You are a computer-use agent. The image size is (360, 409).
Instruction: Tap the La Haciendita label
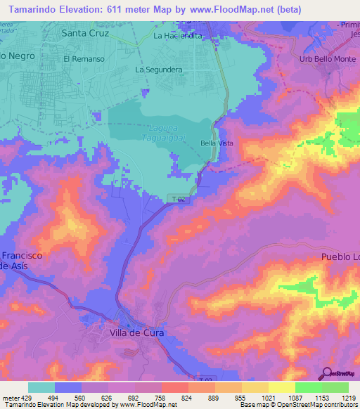(x=181, y=35)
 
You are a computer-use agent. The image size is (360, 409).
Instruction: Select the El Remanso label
(x=84, y=59)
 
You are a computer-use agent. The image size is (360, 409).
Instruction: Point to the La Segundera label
(x=159, y=70)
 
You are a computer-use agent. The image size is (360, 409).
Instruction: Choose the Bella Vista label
(x=217, y=143)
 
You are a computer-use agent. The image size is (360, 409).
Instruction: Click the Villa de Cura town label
(x=137, y=332)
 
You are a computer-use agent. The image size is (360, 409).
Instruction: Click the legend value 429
(x=28, y=397)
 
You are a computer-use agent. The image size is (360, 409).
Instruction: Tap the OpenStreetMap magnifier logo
(x=326, y=373)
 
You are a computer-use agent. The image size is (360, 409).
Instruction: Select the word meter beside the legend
(x=11, y=397)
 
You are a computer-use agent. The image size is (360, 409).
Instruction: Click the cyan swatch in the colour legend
(x=41, y=387)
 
